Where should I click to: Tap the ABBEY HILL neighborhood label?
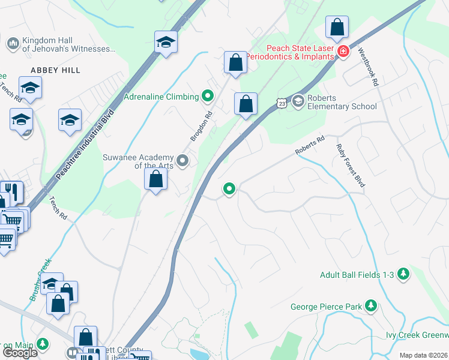point(53,70)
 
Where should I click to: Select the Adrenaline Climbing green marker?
point(208,95)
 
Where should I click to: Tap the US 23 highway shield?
point(282,104)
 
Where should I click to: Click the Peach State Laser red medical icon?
point(343,52)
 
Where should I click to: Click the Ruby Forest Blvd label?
point(351,166)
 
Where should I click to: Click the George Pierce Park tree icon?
point(372,307)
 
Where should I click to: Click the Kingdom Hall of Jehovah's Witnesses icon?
point(12,44)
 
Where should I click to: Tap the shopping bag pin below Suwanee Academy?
point(156,178)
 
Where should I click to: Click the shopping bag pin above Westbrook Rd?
point(337,26)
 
